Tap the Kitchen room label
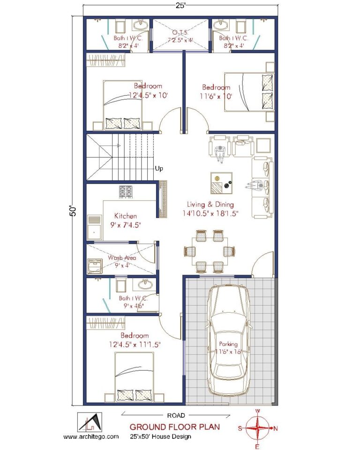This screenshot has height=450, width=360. (x=126, y=216)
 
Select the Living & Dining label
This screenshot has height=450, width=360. (x=210, y=204)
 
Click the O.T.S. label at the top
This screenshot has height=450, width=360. (x=180, y=32)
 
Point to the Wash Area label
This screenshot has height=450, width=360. (x=122, y=257)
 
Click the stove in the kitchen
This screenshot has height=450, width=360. (x=126, y=191)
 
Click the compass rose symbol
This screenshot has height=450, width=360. (x=257, y=428)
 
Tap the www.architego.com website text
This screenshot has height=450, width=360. (x=91, y=436)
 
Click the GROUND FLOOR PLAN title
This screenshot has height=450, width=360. (x=174, y=427)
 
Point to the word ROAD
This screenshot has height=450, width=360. (x=176, y=415)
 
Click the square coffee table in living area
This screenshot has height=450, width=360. (x=221, y=183)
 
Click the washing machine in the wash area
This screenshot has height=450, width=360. (x=96, y=265)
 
